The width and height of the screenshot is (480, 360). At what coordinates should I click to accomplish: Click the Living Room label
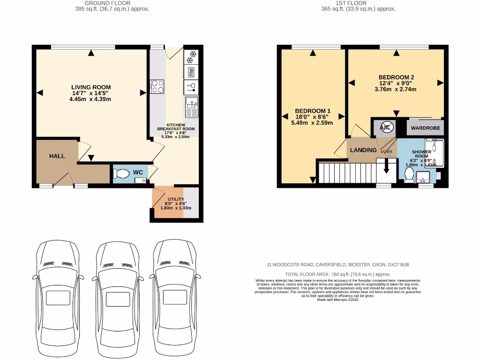(x=91, y=87)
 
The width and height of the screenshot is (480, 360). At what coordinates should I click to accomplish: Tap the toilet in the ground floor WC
(x=122, y=173)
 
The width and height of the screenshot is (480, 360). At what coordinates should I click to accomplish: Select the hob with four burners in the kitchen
(x=157, y=87)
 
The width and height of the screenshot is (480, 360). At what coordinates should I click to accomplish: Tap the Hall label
(x=57, y=156)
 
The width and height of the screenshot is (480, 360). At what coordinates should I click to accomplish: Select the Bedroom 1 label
(x=313, y=111)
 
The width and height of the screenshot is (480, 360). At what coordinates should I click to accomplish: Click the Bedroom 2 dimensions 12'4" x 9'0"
(x=397, y=83)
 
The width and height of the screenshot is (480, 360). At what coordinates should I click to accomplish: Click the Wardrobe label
(x=425, y=128)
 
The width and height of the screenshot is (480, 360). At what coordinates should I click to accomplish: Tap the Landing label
(x=364, y=150)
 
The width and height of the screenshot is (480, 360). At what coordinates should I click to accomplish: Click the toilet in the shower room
(x=409, y=175)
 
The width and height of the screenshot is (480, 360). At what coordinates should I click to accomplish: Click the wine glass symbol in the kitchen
(x=191, y=85)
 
